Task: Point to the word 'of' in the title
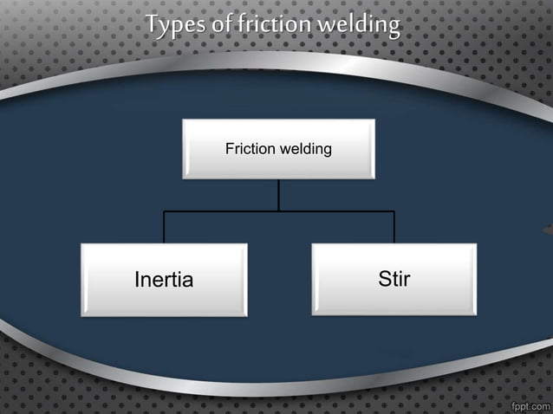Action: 222,24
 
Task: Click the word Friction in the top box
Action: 249,150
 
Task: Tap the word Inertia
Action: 164,281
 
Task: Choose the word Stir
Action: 394,280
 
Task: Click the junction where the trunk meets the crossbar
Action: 278,210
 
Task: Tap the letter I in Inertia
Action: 138,281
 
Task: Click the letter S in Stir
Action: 384,280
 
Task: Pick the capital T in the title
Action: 153,24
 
